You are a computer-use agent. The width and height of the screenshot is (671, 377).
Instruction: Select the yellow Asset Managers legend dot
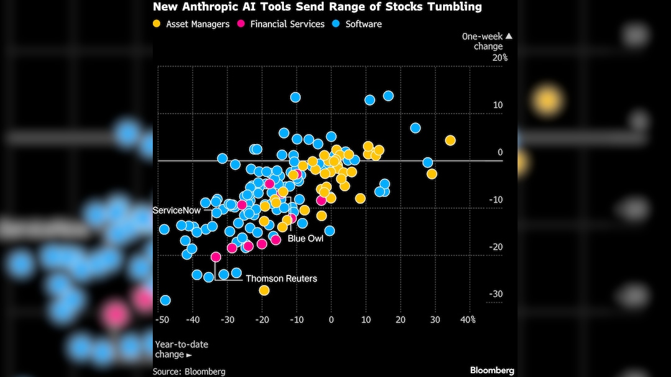point(158,24)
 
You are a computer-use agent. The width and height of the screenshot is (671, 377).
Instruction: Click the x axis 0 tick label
point(331,320)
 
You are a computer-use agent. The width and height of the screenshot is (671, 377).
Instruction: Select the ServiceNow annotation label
point(177,211)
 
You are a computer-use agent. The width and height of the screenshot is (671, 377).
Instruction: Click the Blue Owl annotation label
point(306,238)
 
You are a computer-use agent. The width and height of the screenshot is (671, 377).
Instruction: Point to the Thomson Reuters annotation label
point(281,278)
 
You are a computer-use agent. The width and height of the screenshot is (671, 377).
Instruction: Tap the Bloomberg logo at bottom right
point(492,370)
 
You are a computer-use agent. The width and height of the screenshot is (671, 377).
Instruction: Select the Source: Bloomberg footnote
point(189,371)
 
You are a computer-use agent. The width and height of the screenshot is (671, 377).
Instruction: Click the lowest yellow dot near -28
point(264,290)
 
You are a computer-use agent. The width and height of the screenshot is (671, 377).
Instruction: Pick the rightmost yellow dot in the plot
point(450,140)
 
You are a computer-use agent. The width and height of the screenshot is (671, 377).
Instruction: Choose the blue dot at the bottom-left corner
point(165,300)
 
